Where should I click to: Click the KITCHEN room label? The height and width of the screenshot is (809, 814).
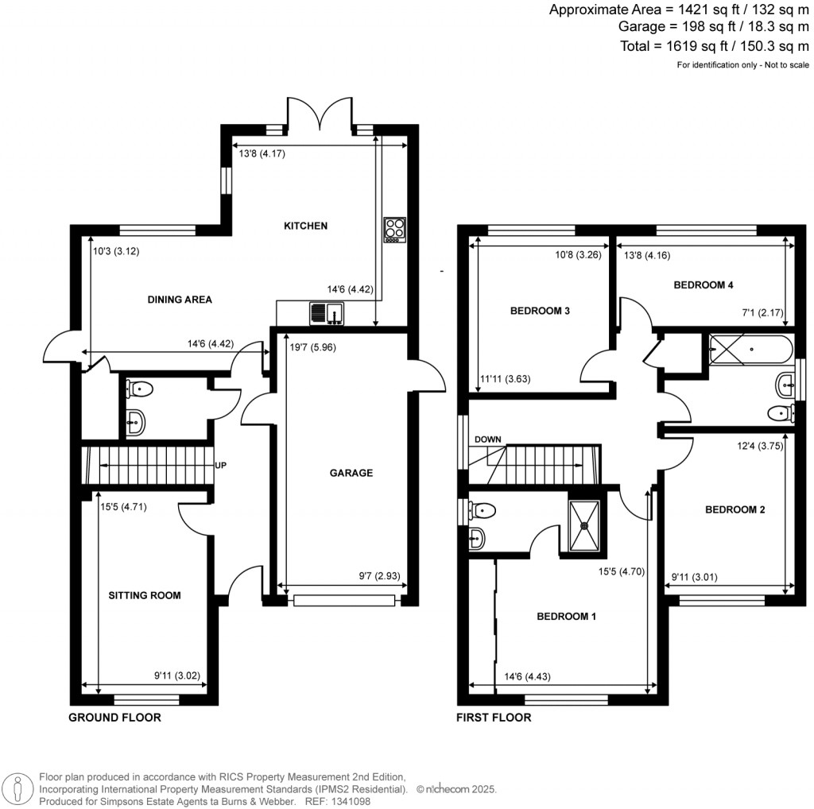click(x=306, y=226)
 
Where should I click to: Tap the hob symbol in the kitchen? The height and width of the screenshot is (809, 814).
click(x=394, y=230)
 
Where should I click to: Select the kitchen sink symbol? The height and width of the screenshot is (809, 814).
click(x=327, y=314)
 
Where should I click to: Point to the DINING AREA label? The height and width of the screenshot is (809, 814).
click(x=180, y=300)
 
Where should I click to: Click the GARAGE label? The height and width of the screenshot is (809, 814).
click(x=351, y=473)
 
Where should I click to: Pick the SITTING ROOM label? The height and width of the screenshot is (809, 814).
click(x=145, y=595)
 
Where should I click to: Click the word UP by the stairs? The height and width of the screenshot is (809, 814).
click(x=220, y=466)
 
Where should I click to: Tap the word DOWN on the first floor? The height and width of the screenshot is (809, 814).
click(x=487, y=439)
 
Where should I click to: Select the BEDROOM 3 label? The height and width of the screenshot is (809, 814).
click(x=541, y=312)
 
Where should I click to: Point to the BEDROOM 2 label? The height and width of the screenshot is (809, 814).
click(x=735, y=510)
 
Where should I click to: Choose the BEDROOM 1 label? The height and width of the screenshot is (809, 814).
click(x=566, y=617)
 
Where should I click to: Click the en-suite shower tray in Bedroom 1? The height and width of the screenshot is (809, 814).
click(x=587, y=524)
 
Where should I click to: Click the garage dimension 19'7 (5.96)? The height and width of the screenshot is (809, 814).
click(x=306, y=347)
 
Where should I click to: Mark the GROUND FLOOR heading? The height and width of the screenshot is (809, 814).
click(x=114, y=718)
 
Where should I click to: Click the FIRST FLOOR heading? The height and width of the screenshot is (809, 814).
click(x=493, y=718)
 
